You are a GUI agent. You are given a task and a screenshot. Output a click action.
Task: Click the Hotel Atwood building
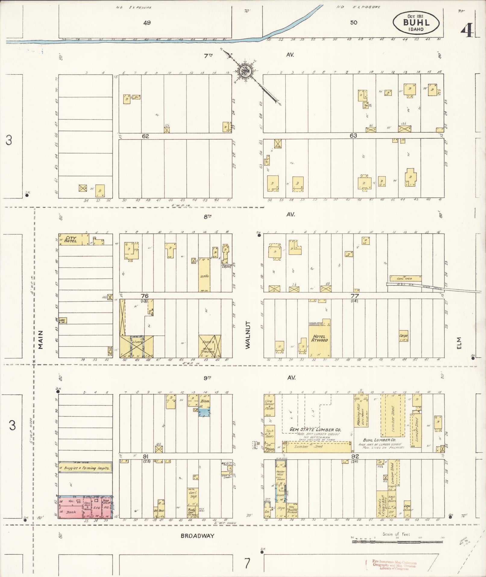319,338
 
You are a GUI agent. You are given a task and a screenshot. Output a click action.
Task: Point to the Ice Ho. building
204,275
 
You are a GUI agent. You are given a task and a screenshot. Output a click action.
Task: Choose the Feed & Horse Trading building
210,346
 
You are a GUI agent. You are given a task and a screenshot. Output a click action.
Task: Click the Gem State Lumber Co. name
315,430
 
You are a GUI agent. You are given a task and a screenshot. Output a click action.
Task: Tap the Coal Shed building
405,278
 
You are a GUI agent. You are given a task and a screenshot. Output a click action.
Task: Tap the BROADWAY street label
197,536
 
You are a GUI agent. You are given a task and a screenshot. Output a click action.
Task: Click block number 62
146,136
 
